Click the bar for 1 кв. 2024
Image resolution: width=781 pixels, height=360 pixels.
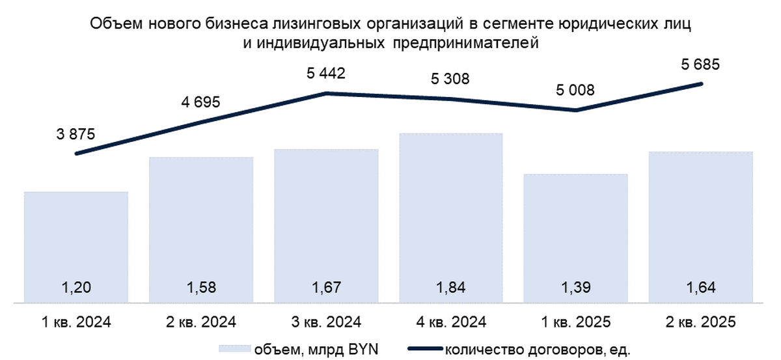coord(75,247)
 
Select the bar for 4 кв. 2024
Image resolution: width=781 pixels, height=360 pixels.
coord(451,218)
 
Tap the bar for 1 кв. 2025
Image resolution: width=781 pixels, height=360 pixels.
coord(576,238)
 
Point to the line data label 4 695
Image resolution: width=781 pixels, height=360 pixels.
coord(200,102)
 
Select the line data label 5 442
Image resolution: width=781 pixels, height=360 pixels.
coord(325,74)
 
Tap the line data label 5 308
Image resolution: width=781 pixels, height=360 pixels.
coord(450,79)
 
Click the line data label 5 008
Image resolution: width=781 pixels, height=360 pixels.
coord(575,90)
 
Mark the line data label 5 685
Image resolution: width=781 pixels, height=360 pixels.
coord(700,64)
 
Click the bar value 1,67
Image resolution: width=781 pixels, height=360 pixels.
coord(325,287)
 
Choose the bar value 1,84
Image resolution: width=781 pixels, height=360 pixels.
coord(450,287)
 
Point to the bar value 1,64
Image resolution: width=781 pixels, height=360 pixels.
coord(701,287)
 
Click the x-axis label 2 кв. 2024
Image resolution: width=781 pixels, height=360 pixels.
coord(200,322)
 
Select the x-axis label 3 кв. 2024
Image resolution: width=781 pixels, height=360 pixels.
coord(325,322)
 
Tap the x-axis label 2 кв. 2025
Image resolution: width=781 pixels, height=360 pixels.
coord(701,322)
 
